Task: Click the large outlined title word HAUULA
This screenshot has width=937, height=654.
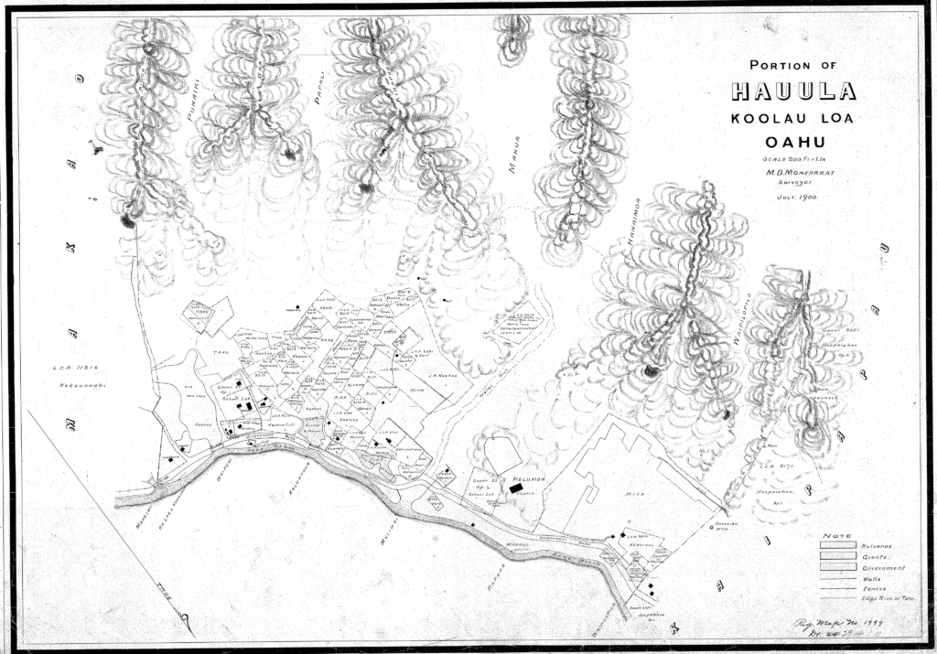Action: [x=793, y=92]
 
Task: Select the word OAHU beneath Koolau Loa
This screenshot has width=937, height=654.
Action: [x=794, y=142]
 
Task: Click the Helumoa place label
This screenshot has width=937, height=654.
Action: [x=530, y=479]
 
